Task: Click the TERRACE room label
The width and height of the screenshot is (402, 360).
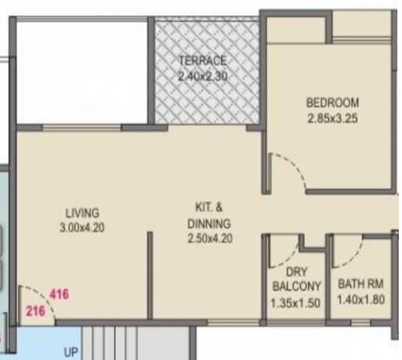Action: pos(202,60)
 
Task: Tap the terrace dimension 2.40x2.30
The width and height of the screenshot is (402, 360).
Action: pos(202,75)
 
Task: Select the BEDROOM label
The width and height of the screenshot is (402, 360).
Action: pos(332,103)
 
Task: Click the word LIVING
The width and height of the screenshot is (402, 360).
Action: pos(82,213)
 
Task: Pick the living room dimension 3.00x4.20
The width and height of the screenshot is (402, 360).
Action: pos(82,227)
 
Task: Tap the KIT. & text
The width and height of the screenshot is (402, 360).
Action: pos(209,208)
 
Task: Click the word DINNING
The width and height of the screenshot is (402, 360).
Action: pos(209,223)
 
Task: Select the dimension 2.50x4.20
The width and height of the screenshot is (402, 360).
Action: pos(209,238)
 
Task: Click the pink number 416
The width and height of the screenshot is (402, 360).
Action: pos(59,295)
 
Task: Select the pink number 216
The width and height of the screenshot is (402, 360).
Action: pos(34,311)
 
